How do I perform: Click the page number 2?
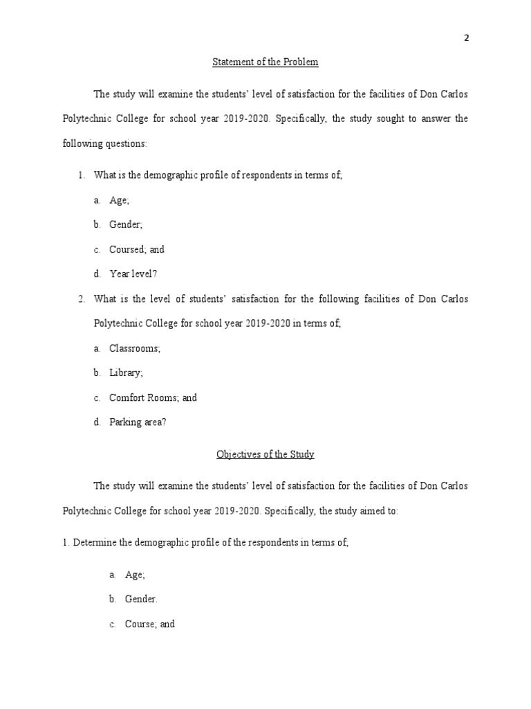(x=466, y=38)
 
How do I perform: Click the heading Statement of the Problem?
(x=265, y=62)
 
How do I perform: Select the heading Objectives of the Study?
(x=265, y=454)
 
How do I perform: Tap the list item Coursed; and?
(x=137, y=249)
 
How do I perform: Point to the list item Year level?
(x=133, y=273)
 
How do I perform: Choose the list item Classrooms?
(x=135, y=348)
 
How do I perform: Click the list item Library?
(x=127, y=373)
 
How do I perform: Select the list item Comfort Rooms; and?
(x=153, y=397)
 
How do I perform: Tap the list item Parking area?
(x=138, y=422)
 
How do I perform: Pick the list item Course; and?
(x=149, y=624)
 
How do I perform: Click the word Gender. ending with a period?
(x=142, y=599)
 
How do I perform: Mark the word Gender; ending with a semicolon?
(x=126, y=224)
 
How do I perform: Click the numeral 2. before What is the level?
(x=82, y=299)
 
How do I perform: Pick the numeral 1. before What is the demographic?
(x=82, y=175)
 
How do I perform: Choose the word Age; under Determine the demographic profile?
(x=135, y=574)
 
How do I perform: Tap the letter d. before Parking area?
(x=97, y=422)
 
